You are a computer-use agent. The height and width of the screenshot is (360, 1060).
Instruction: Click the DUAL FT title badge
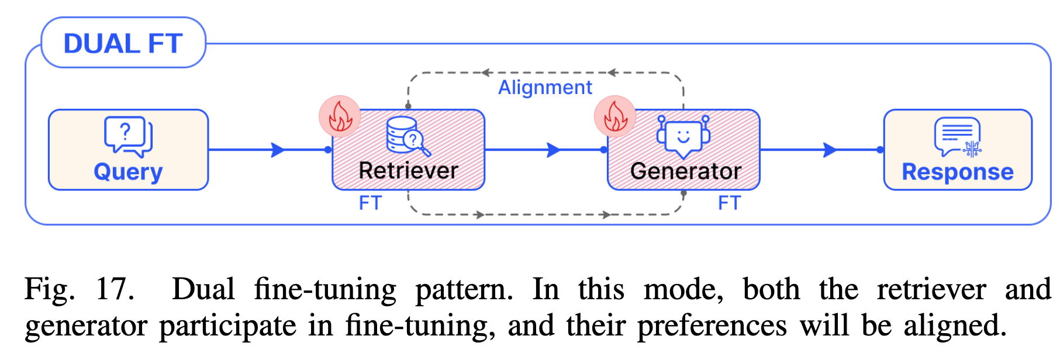(123, 43)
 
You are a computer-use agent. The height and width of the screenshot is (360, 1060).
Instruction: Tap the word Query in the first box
(128, 172)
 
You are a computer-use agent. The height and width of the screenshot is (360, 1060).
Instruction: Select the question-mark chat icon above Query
(128, 136)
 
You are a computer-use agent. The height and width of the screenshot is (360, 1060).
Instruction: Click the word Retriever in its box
(408, 171)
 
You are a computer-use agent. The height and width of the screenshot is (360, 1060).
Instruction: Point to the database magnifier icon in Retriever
(408, 136)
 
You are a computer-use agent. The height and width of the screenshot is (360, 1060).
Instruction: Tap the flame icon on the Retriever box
(340, 116)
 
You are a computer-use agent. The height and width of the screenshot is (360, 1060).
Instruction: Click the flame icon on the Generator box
(615, 116)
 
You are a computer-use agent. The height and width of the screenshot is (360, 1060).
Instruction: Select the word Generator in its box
(685, 171)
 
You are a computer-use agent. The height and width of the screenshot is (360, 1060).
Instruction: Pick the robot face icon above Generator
(683, 137)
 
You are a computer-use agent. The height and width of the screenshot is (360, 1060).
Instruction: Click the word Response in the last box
(957, 172)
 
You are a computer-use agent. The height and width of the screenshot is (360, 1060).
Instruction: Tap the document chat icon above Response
(957, 137)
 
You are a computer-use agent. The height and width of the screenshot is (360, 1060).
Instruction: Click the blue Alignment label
(545, 88)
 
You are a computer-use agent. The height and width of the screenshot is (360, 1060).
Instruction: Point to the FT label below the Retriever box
(370, 203)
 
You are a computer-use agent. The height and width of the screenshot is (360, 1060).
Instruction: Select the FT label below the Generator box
(729, 203)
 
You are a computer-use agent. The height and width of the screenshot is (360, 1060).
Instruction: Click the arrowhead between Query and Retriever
(278, 150)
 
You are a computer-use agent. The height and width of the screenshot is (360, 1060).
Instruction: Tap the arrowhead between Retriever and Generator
(554, 150)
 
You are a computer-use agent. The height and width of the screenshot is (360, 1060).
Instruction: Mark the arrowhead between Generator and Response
(830, 150)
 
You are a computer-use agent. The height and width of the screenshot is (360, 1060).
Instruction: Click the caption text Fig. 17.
(79, 289)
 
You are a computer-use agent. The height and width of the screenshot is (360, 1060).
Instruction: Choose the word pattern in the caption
(464, 289)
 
